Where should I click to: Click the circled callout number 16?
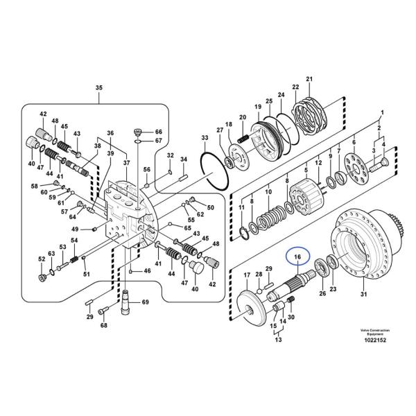point(297,258)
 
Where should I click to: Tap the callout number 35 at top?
point(98,87)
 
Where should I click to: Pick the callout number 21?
point(309,79)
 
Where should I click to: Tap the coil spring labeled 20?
point(241,139)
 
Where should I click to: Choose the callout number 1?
point(381,112)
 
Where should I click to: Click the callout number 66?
point(158,132)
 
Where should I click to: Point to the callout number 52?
point(42,259)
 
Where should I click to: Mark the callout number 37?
point(126,162)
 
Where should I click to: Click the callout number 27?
point(220,130)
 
